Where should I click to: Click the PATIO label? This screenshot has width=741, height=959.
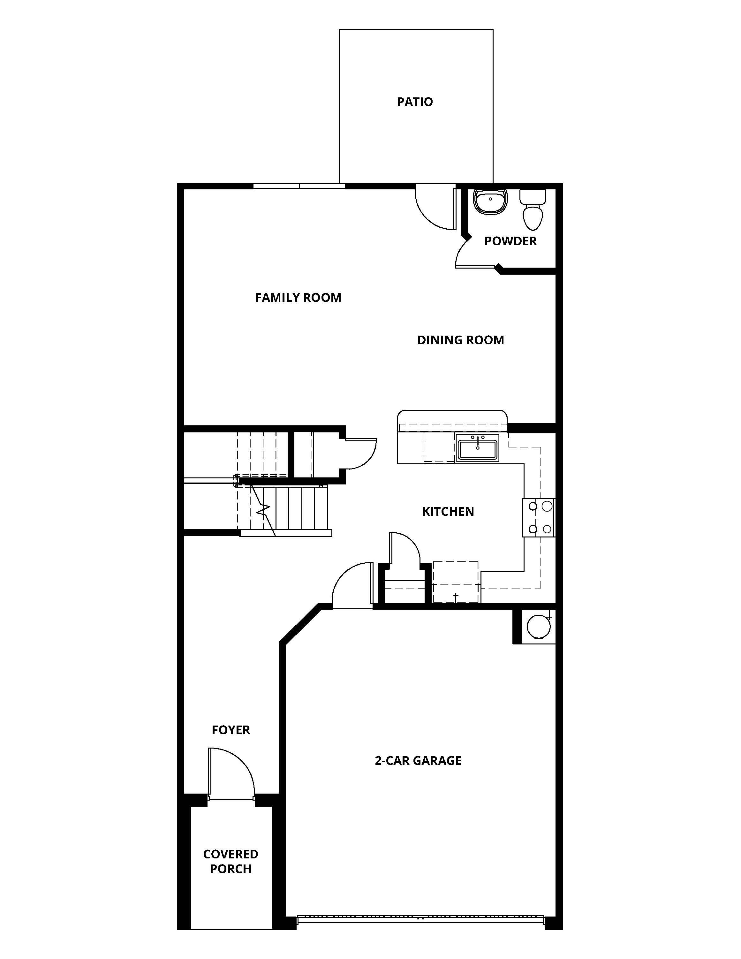pos(415,102)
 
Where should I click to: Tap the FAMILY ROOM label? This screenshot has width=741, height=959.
pos(298,298)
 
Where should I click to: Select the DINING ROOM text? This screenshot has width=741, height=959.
pos(460,340)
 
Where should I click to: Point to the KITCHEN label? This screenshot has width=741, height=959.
pos(448,512)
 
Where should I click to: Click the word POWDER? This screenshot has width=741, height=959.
pos(510,241)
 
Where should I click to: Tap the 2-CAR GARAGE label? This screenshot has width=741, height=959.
pos(418,761)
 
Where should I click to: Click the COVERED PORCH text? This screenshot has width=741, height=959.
pos(231,862)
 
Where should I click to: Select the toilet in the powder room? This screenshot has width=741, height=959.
pos(533,209)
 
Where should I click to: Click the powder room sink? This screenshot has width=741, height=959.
pos(490,202)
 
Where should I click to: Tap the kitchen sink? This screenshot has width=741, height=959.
pos(477,448)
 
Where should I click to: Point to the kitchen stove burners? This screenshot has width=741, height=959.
pos(539,518)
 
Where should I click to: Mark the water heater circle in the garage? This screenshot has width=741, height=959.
pos(538,627)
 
